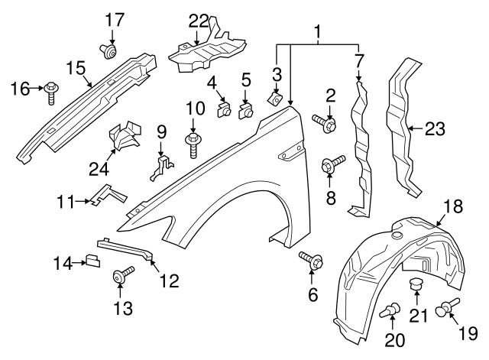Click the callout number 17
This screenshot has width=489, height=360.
[113, 18]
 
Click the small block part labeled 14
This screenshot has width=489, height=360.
[92, 261]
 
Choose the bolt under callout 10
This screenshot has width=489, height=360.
[192, 141]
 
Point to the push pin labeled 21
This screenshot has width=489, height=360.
[416, 287]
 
